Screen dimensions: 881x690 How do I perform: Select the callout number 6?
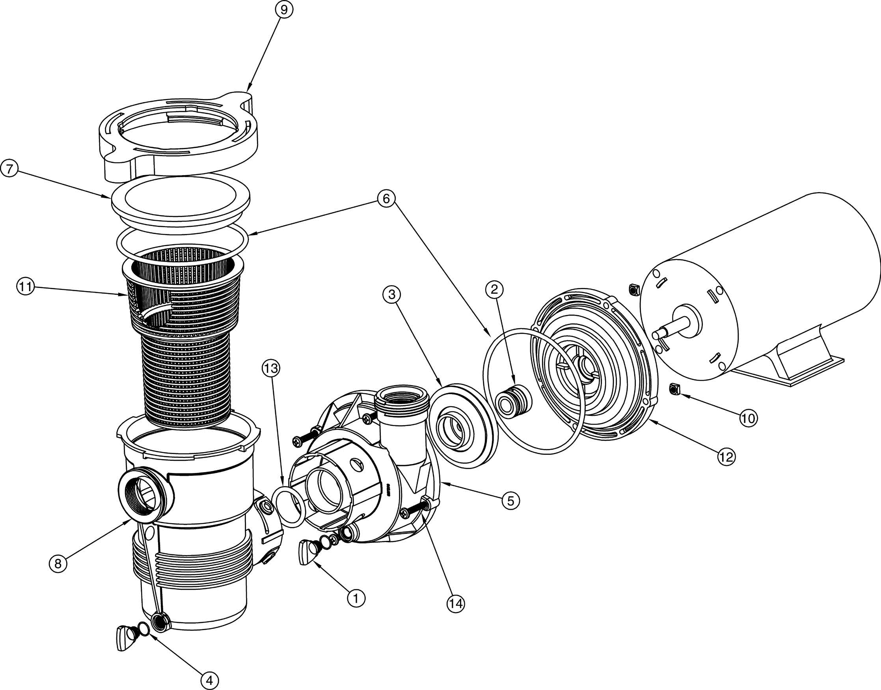386,199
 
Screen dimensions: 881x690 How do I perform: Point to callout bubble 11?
26,288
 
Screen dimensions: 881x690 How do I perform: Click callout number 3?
392,294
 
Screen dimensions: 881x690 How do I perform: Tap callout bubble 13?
271,368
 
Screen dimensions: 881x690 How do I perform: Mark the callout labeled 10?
748,419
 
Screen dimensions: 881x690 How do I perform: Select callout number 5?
510,501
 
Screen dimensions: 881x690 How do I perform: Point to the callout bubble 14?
456,604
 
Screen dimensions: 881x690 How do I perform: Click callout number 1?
356,598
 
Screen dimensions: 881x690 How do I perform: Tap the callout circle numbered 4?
209,680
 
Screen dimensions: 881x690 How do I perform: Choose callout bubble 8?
58,563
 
